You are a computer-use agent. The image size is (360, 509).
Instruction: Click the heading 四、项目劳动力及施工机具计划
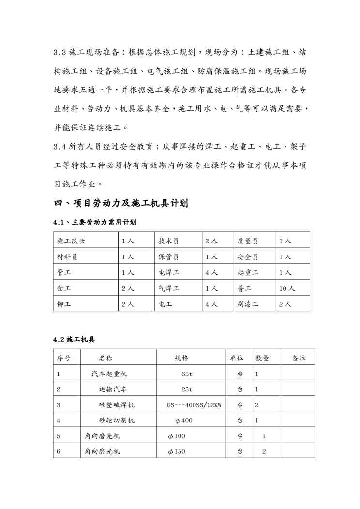[x=120, y=203]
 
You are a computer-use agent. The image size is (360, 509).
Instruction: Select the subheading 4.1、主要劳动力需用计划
[x=94, y=223]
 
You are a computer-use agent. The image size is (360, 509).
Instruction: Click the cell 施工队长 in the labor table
[x=71, y=241]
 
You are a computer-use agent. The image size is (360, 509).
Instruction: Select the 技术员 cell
[x=168, y=241]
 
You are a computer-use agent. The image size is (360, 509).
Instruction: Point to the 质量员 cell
[x=248, y=241]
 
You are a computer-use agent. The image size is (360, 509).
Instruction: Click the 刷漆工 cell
[x=248, y=304]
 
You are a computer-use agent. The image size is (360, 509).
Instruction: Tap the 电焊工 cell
[x=169, y=272]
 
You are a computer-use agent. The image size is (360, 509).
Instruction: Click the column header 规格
[x=181, y=358]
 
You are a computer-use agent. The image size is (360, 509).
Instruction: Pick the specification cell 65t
[x=187, y=374]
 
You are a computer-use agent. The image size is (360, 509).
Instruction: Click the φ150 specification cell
[x=176, y=452]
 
